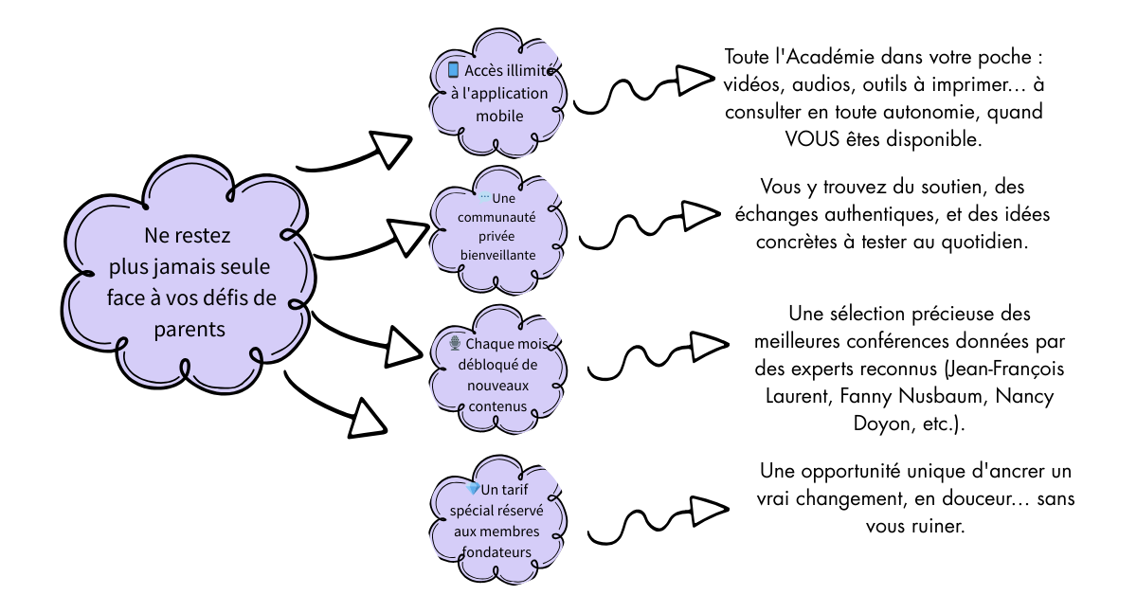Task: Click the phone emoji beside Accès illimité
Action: coord(453,70)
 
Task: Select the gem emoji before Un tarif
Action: coord(474,489)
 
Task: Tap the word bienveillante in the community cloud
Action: coord(497,256)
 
